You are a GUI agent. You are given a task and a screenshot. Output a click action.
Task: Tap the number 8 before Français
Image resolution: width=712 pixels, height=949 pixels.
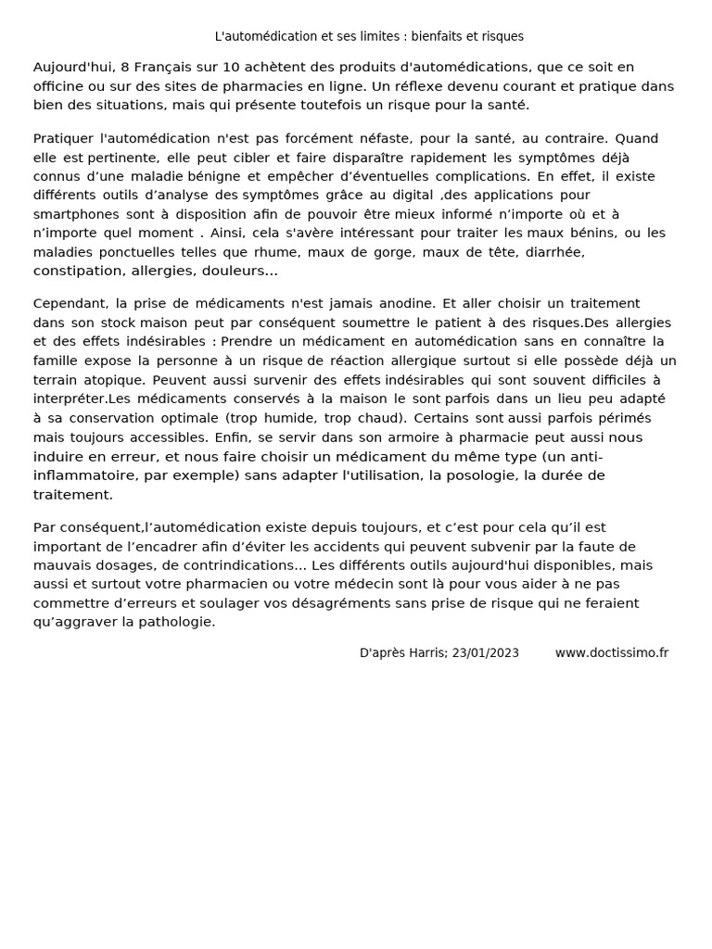click(124, 67)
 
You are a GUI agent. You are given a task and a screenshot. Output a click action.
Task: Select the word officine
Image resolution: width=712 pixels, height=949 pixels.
click(59, 86)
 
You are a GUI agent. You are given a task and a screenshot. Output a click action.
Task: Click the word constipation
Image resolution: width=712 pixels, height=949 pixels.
click(78, 272)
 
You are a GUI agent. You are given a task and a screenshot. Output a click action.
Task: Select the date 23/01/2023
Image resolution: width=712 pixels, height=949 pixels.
click(486, 652)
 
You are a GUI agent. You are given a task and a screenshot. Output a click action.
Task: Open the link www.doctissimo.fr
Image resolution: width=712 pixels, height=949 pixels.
click(612, 652)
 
